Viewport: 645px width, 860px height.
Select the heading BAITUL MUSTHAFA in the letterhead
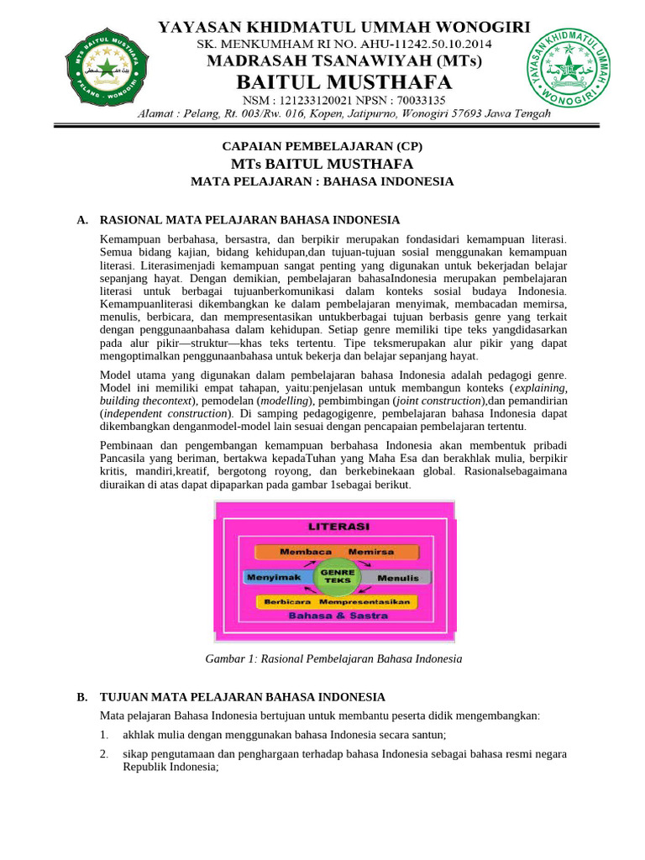point(344,81)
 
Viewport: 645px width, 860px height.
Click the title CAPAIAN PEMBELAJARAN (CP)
point(322,146)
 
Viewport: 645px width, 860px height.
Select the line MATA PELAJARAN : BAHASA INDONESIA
point(322,181)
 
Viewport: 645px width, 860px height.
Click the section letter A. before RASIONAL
point(82,220)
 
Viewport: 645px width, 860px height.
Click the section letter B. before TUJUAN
point(82,697)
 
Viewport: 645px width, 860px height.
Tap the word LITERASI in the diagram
point(338,527)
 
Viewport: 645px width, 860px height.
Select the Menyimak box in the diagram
point(275,578)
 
